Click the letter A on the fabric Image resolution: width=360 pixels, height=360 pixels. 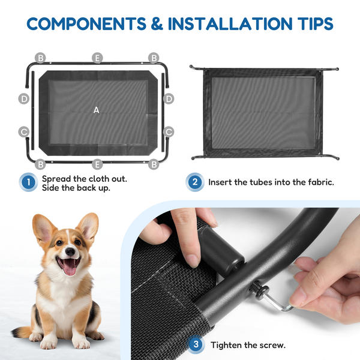97,110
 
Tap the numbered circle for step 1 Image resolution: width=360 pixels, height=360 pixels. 28,182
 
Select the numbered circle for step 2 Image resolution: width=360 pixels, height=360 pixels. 195,182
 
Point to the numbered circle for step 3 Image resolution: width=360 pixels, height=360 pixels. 196,344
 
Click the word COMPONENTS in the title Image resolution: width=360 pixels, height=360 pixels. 86,23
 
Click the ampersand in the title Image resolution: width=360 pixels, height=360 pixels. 157,23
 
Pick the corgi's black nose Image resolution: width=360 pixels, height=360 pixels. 70,252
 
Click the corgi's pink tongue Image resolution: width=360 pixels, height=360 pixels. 70,268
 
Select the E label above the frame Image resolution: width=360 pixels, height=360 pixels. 97,58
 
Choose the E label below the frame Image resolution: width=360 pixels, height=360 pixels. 97,164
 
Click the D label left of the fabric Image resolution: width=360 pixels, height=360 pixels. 24,99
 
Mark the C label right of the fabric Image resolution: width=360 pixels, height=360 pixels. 169,132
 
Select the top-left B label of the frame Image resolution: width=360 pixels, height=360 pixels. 40,58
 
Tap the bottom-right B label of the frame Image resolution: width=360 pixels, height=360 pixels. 154,164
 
